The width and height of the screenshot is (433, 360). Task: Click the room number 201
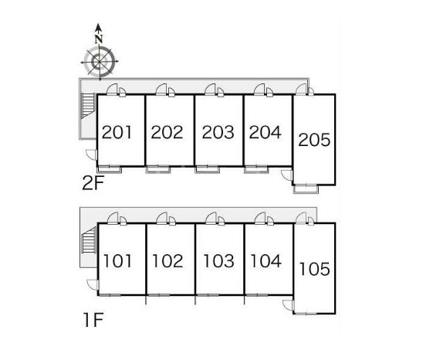117,132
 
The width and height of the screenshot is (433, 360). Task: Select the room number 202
167,132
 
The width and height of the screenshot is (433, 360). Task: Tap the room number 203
218,132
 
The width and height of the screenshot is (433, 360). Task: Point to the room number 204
265,132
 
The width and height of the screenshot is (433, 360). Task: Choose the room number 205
314,140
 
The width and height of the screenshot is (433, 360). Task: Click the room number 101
117,261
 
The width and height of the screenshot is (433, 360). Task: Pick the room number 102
167,261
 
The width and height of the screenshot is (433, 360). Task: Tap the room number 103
218,261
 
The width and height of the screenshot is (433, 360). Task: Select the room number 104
266,261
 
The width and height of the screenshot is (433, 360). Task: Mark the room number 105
315,269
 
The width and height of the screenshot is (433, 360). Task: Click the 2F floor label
93,183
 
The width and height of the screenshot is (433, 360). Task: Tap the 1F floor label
93,319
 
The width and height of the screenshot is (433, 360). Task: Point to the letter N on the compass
99,39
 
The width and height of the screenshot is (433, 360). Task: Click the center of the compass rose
99,62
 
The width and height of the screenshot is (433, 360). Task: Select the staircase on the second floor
88,106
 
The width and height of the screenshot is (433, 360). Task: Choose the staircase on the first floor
88,240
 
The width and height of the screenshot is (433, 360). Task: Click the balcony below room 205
306,189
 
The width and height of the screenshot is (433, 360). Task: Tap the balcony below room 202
158,169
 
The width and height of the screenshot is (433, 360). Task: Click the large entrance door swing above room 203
211,90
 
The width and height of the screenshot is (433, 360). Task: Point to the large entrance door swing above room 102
162,218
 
